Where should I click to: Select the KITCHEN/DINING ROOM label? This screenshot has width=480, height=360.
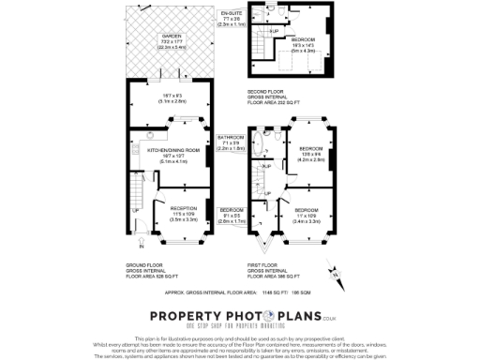[168, 150]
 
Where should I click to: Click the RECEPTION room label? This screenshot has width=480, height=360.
[183, 209]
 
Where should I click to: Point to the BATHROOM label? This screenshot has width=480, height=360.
[230, 137]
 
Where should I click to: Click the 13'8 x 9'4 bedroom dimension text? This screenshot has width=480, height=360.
[310, 155]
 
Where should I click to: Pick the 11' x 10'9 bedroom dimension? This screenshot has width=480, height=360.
[307, 216]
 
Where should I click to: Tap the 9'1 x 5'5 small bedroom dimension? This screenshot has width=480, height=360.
[231, 216]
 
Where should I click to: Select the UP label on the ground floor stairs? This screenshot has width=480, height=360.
[135, 210]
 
